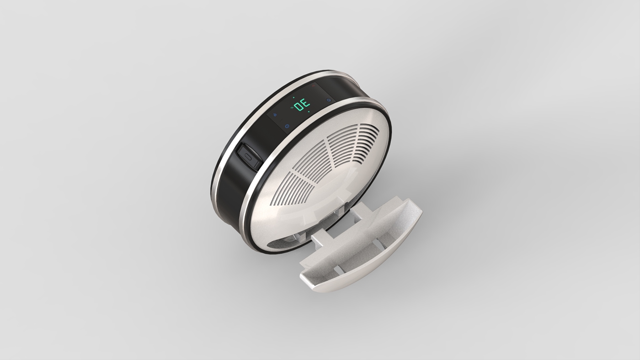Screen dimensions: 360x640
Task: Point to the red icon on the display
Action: tap(313, 86)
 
